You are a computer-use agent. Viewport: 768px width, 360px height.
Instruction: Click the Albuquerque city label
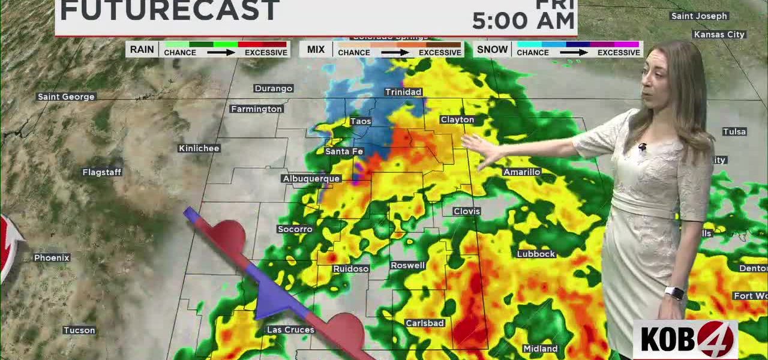(x=311, y=178)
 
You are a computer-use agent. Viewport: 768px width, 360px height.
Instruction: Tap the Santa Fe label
(x=344, y=151)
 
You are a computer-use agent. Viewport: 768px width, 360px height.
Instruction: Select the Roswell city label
(x=408, y=265)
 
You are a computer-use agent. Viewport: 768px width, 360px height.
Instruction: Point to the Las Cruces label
(x=290, y=330)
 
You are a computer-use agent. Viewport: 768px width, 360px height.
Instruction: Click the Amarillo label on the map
(x=522, y=172)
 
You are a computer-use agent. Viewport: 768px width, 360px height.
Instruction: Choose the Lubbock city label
(x=536, y=254)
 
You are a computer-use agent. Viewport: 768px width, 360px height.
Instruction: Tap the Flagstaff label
(x=102, y=172)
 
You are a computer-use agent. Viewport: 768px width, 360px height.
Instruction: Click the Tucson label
(x=79, y=330)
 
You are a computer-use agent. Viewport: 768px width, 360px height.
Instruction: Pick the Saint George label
(x=66, y=97)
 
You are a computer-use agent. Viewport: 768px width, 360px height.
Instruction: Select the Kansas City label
(x=719, y=34)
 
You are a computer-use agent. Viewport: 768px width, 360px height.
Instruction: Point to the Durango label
(x=274, y=88)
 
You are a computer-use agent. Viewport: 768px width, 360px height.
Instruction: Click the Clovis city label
(x=467, y=211)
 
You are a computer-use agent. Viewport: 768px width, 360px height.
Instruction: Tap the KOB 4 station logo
(x=686, y=339)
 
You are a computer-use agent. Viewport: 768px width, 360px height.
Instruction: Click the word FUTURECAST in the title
(x=170, y=11)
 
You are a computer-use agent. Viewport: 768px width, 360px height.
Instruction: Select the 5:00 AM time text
(x=523, y=21)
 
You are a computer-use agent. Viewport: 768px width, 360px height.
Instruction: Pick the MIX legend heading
(x=316, y=49)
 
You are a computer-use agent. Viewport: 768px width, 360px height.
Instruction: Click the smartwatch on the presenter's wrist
(x=674, y=293)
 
